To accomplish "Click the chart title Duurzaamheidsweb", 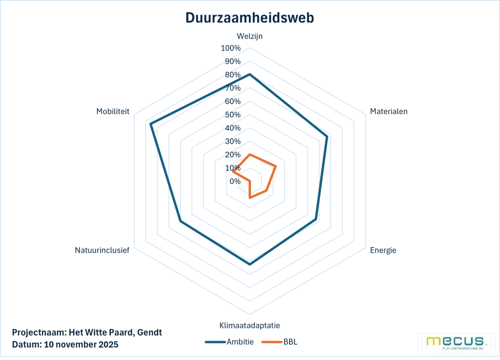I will coord(250,18).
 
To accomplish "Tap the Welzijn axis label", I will coord(250,36).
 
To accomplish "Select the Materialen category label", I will coord(389,111).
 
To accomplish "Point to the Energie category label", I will coord(383,250).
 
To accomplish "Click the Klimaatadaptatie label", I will coord(250,325).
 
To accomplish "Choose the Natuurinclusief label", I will coord(102,250).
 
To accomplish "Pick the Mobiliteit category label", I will coord(113,111).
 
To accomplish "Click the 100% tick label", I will coord(230,48).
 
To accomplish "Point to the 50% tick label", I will coord(232,115).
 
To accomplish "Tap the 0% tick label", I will coord(235,181).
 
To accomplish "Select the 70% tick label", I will coord(232,88).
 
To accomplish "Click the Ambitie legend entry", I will coord(229,341).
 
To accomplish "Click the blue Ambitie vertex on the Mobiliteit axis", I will coord(151,124).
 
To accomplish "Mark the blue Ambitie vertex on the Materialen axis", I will coord(327,137).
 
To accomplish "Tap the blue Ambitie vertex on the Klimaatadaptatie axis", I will coord(250,264).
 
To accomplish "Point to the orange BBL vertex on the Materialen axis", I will coord(276,166).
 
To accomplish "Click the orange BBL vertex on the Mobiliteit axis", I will coord(233,172).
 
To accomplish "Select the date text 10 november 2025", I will coord(81,344).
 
